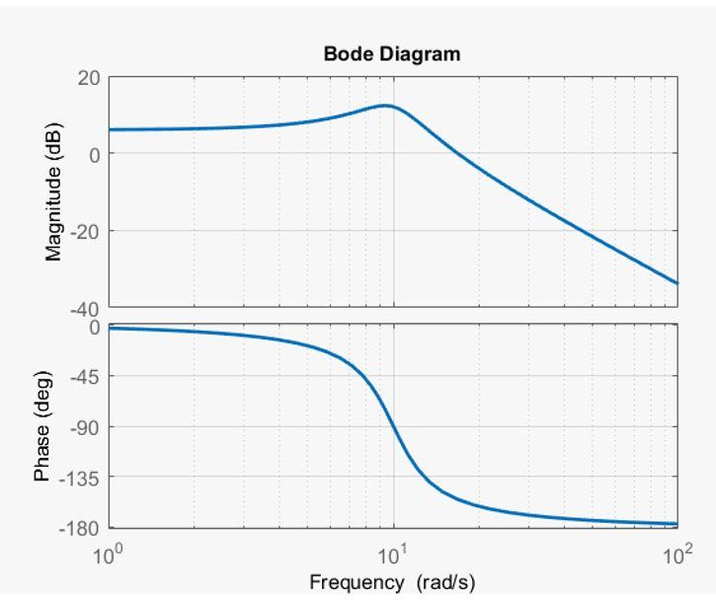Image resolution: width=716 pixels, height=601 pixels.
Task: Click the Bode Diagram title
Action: point(392,54)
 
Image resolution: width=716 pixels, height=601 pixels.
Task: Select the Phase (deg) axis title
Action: point(42,426)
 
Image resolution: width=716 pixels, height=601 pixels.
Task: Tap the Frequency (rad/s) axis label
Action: point(392,582)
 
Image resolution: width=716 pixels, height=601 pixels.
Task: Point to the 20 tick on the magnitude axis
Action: point(89,78)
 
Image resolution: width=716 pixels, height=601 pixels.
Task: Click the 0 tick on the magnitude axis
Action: point(95,154)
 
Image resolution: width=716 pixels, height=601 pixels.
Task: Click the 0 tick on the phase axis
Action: point(95,327)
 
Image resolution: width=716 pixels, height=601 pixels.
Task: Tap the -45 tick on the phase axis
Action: point(87,376)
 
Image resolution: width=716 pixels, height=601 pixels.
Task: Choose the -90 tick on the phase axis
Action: point(87,426)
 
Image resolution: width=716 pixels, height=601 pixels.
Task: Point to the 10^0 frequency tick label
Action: point(109,555)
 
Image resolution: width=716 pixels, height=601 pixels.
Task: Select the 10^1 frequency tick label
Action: point(393,555)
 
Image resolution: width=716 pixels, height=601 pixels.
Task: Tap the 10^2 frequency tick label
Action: point(677,555)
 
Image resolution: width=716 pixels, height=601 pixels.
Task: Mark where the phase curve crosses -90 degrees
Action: point(394,426)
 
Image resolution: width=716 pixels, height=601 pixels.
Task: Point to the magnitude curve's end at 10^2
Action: point(677,283)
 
